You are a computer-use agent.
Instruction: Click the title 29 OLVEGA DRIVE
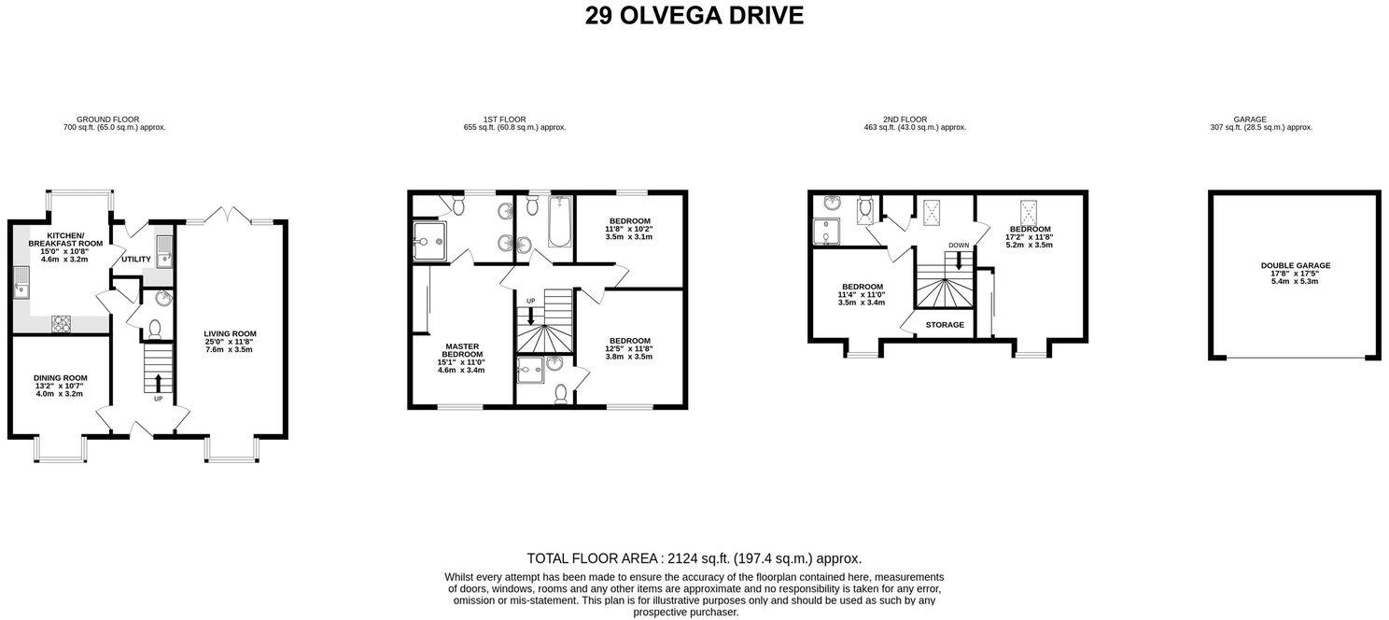click(x=694, y=16)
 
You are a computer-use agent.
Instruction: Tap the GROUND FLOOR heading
click(x=107, y=120)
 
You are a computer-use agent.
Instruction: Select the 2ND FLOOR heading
click(x=905, y=120)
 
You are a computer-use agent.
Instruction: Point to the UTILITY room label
click(x=135, y=259)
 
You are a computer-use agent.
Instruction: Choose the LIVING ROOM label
click(x=230, y=333)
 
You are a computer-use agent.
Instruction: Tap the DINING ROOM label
click(x=61, y=378)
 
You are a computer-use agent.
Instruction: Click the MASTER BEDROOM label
click(x=462, y=350)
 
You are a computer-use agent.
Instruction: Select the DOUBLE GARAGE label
click(x=1295, y=265)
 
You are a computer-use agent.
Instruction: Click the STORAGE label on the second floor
click(x=945, y=325)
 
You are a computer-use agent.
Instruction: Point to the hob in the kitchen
click(x=62, y=323)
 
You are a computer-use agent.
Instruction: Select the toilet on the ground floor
click(x=155, y=328)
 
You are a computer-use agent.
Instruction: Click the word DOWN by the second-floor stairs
click(x=958, y=246)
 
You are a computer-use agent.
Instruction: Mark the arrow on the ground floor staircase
click(x=158, y=382)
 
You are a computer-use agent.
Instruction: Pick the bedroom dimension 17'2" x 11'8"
click(x=1029, y=237)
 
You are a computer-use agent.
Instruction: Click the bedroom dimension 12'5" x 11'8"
click(x=630, y=349)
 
